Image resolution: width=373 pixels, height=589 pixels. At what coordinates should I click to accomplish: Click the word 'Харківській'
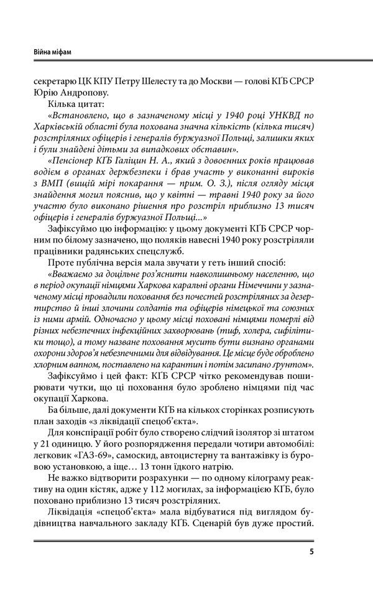[x=75, y=130]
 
